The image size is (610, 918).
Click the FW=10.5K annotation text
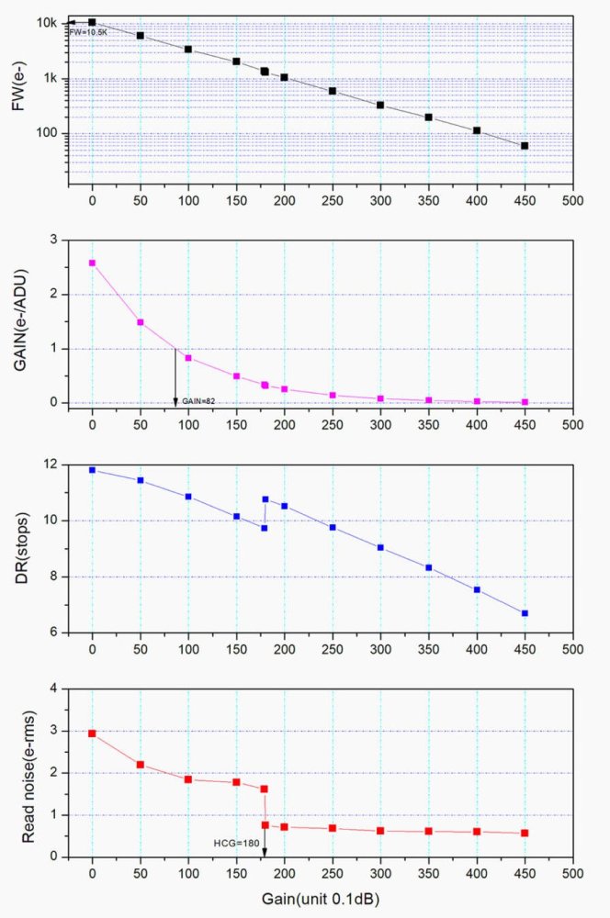point(90,31)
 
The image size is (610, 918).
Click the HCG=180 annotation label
point(234,843)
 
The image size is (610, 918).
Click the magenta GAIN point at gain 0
point(92,263)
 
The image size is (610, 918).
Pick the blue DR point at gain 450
point(525,613)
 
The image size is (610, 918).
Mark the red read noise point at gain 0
point(92,733)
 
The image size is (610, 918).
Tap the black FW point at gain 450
point(525,146)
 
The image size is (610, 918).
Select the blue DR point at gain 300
point(380,547)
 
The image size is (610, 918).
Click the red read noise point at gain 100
point(188,779)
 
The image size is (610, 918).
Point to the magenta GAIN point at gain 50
point(141,322)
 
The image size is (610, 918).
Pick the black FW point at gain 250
point(333,91)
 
